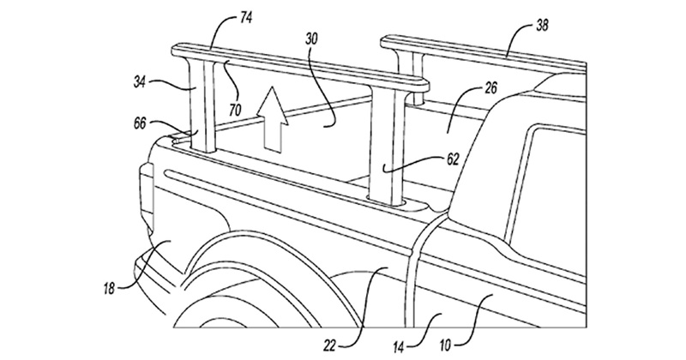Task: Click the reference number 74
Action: coord(246,19)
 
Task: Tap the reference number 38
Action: coord(542,27)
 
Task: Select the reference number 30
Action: coord(311,39)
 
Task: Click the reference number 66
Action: coord(141,123)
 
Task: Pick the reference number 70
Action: coord(235,110)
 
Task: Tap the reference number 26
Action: coord(491,88)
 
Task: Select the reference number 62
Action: coord(453,159)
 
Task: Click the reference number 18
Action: coord(109,289)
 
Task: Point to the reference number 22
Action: coord(329,346)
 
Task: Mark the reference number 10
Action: coord(444,346)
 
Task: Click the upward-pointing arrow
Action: coord(272,119)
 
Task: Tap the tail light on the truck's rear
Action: coord(147,198)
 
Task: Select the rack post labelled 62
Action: coord(388,144)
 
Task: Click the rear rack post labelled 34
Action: coord(202,105)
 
